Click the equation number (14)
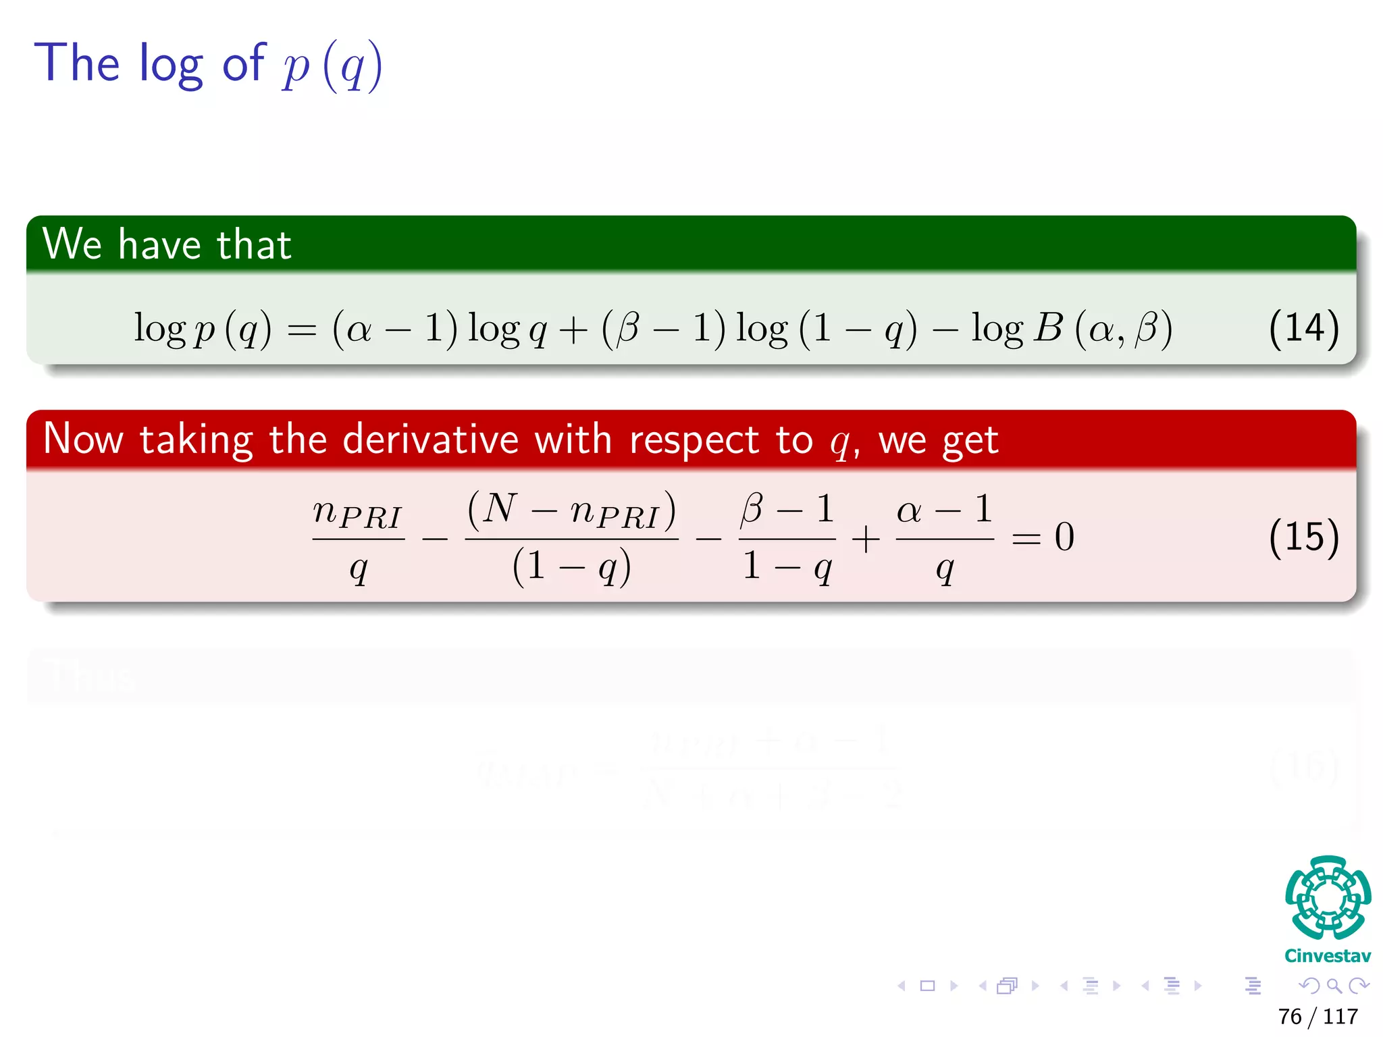click(x=1303, y=328)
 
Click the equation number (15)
click(x=1303, y=537)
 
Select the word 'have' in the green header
click(x=159, y=244)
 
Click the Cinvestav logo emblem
click(x=1328, y=897)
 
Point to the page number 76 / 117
click(x=1317, y=1016)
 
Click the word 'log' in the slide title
click(x=171, y=64)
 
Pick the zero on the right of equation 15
click(x=1064, y=537)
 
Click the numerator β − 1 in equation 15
click(x=787, y=509)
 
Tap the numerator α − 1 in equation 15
click(x=945, y=509)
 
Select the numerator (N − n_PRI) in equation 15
click(x=571, y=510)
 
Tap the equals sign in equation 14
click(x=302, y=331)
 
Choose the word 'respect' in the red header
click(x=694, y=440)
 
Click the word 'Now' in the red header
click(x=83, y=440)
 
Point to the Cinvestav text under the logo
click(x=1328, y=956)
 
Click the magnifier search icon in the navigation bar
click(x=1334, y=986)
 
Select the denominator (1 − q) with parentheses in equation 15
click(x=571, y=567)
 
